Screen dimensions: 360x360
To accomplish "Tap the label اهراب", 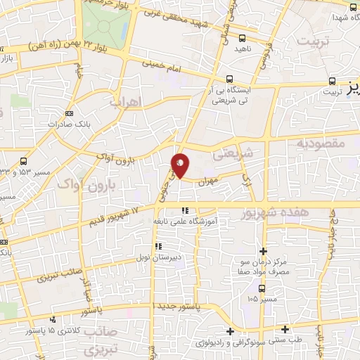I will [126, 102].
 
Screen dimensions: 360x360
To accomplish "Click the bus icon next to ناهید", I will [243, 39].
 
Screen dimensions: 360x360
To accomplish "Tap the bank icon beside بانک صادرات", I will [69, 113].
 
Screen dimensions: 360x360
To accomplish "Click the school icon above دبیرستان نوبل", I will [158, 246].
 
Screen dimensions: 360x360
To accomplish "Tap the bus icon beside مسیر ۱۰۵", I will [262, 288].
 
